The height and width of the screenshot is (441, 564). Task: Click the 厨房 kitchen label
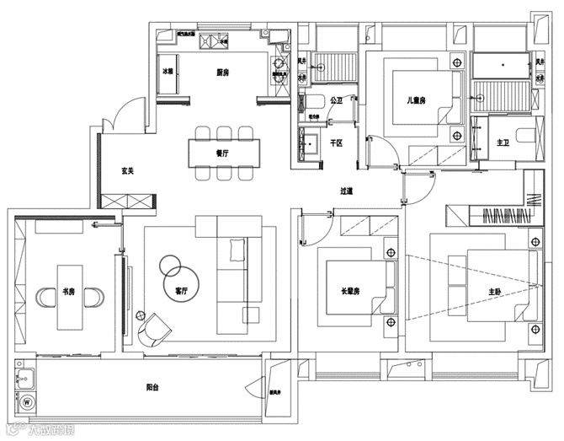(222, 73)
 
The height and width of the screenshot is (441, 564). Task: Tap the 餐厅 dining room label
(222, 153)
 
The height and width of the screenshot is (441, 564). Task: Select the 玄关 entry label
(128, 170)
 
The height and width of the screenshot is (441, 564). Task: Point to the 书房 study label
(68, 292)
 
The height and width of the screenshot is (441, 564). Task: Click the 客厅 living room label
(181, 291)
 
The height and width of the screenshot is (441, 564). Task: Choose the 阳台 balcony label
(152, 388)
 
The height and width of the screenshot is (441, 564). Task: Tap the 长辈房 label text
(350, 292)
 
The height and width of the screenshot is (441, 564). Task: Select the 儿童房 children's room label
(417, 100)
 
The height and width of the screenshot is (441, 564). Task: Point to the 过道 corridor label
(346, 191)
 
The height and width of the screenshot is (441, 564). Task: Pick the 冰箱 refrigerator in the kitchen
(168, 73)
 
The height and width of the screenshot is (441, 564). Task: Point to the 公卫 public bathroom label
(336, 100)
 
